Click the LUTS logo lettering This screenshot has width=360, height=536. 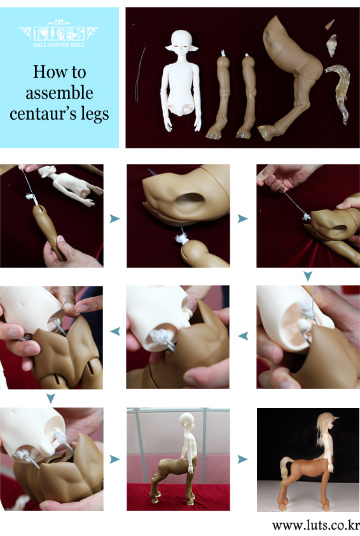pyautogui.click(x=59, y=33)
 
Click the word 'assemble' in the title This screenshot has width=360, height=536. pyautogui.click(x=59, y=93)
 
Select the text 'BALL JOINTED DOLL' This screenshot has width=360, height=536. pyautogui.click(x=59, y=45)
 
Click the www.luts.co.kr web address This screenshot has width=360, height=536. pyautogui.click(x=315, y=525)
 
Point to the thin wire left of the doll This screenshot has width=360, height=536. pyautogui.click(x=139, y=75)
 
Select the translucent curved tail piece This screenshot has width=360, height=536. pyautogui.click(x=339, y=90)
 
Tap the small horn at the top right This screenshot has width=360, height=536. pyautogui.click(x=330, y=24)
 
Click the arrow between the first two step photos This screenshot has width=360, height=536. pyautogui.click(x=114, y=218)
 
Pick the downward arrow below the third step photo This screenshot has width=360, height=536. pyautogui.click(x=308, y=276)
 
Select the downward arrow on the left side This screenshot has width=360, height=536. pyautogui.click(x=50, y=398)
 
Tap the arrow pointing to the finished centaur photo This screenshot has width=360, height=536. pyautogui.click(x=243, y=459)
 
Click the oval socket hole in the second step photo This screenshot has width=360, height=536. pyautogui.click(x=190, y=202)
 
